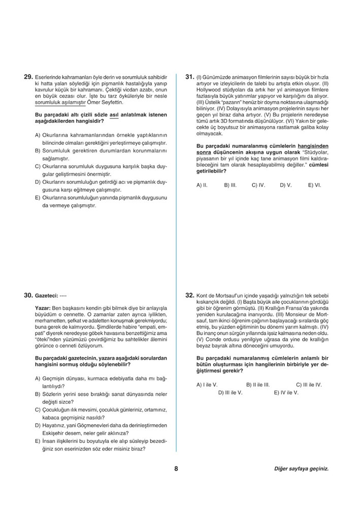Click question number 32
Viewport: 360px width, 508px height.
[190, 294]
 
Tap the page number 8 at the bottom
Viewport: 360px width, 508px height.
[176, 469]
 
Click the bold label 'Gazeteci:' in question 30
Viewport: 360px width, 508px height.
[46, 295]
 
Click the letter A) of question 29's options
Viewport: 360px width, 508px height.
[38, 135]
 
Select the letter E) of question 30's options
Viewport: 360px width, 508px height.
[38, 441]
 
